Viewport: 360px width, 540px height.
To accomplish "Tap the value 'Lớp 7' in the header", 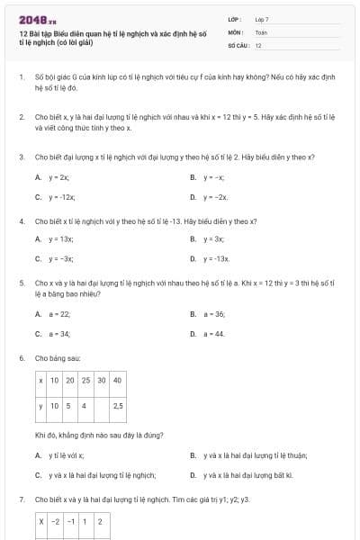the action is pyautogui.click(x=262, y=19).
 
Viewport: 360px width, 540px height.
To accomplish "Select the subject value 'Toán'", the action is pyautogui.click(x=261, y=31).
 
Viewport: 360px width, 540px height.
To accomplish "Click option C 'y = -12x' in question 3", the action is pyautogui.click(x=62, y=195).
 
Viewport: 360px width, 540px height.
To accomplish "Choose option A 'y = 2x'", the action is pyautogui.click(x=59, y=178).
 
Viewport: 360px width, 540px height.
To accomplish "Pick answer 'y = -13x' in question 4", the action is pyautogui.click(x=216, y=258).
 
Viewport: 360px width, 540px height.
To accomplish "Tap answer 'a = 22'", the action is pyautogui.click(x=59, y=314).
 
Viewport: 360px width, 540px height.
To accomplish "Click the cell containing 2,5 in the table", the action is pyautogui.click(x=117, y=406).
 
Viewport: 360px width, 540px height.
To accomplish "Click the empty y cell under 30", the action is pyautogui.click(x=101, y=406).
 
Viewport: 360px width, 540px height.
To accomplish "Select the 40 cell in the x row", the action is pyautogui.click(x=117, y=381).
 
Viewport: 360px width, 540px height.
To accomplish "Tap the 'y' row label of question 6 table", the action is pyautogui.click(x=41, y=406).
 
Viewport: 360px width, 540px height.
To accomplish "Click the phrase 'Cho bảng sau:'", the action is pyautogui.click(x=53, y=358).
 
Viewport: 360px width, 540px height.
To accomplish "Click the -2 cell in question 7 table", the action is pyautogui.click(x=55, y=521).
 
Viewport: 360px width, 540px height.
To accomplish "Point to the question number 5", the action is pyautogui.click(x=21, y=283).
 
